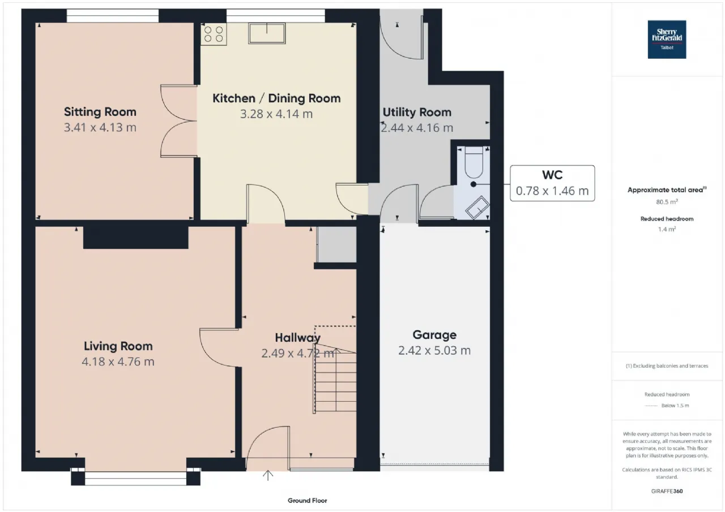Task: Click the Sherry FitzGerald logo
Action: (x=667, y=40)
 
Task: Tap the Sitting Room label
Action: (x=100, y=112)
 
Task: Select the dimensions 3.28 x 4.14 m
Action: (x=276, y=114)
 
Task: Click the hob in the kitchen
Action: (x=214, y=35)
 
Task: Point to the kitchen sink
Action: (x=267, y=33)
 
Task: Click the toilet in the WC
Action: (x=474, y=162)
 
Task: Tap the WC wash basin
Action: (x=477, y=208)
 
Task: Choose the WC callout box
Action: (x=552, y=183)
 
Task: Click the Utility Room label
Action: (x=417, y=112)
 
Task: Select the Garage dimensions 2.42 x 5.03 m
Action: (x=434, y=350)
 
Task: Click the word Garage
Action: (x=434, y=335)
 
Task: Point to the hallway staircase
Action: (x=335, y=381)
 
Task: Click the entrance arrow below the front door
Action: (x=268, y=475)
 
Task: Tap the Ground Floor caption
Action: (x=307, y=500)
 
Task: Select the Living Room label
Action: (x=118, y=346)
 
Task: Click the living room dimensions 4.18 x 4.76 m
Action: (x=118, y=362)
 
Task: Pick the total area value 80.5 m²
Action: (x=667, y=202)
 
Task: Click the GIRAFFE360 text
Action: (x=667, y=491)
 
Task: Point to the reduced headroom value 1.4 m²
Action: (x=667, y=229)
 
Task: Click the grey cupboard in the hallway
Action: (x=336, y=244)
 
